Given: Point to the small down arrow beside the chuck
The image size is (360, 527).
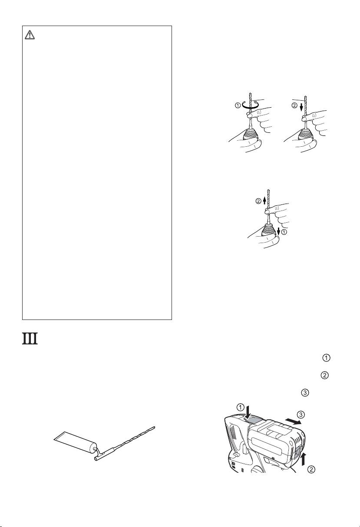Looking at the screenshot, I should tap(278, 228).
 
